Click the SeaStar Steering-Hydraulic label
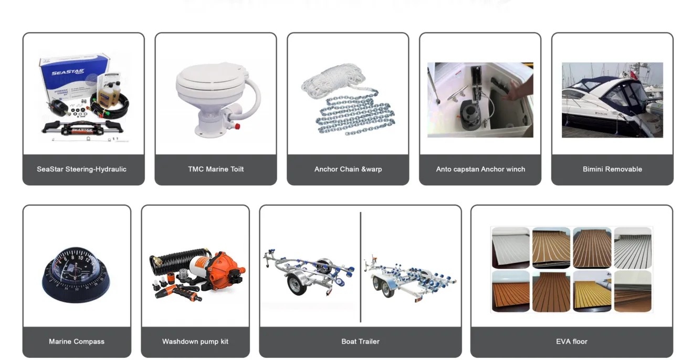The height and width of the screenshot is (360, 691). coord(81,169)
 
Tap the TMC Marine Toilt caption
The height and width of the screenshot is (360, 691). coord(216,169)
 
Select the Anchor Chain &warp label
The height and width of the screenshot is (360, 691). coord(348,169)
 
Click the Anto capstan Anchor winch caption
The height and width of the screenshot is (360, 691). coord(480,169)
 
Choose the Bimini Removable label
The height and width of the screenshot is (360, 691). coord(612,169)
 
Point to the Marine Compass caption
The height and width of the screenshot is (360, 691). coord(77,341)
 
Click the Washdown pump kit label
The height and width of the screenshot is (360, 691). coord(195,341)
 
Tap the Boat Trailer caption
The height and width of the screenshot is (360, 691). coord(360,341)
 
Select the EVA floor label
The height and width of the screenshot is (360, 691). coord(572,341)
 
